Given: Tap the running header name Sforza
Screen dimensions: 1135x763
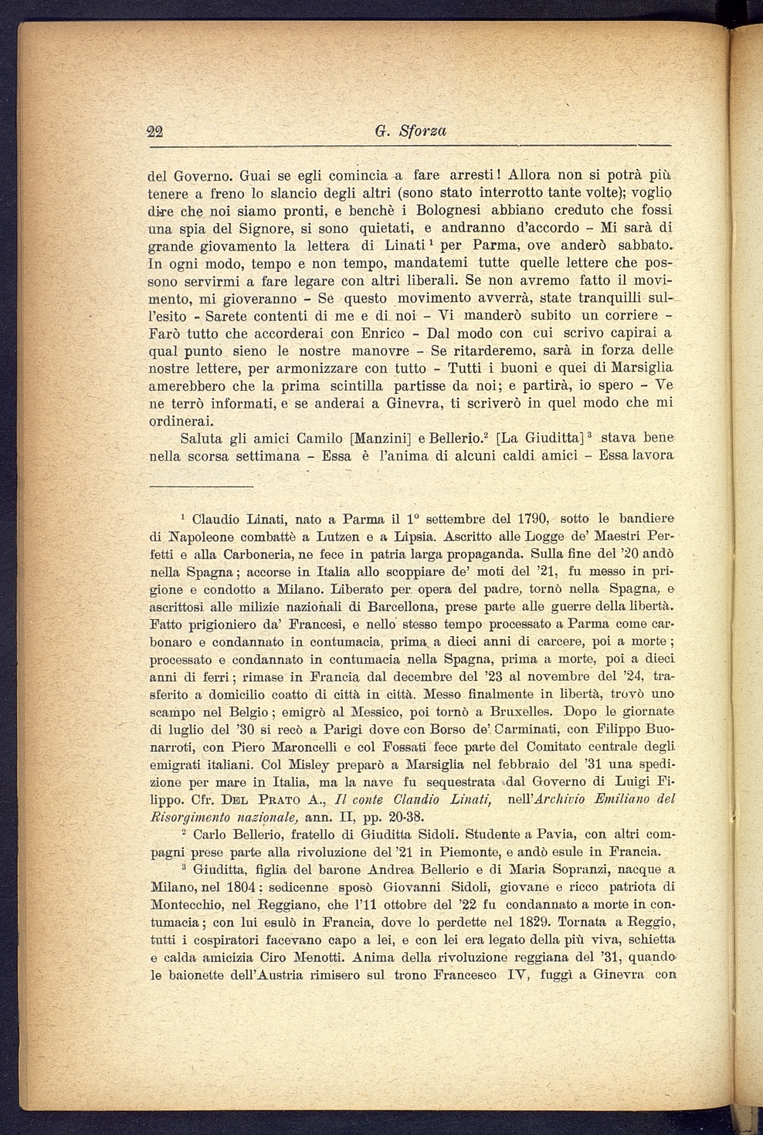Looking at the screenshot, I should pos(422,131).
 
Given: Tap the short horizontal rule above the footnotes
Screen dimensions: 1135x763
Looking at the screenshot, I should pos(201,486).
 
